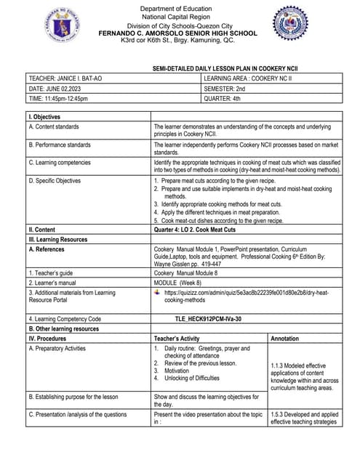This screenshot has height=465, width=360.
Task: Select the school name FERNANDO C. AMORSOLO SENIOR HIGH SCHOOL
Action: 177,33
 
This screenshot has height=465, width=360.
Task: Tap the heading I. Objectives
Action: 44,116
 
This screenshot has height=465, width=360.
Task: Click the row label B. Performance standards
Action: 60,145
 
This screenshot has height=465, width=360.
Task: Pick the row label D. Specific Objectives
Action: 55,180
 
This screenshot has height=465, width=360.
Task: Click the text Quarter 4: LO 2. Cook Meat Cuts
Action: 195,230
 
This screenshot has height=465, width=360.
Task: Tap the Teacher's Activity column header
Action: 182,339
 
